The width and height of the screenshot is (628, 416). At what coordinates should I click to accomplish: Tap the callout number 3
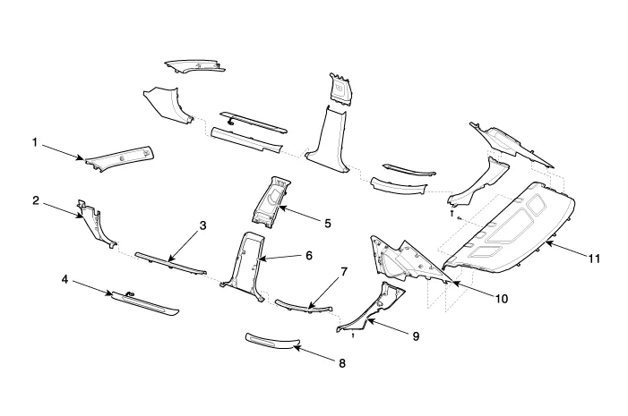click(203, 225)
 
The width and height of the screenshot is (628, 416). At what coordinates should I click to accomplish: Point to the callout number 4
click(65, 279)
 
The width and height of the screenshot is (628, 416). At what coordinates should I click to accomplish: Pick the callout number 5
click(328, 222)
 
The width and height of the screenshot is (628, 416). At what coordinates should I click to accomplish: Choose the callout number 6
click(308, 255)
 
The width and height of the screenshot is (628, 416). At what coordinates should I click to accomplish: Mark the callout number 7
click(343, 271)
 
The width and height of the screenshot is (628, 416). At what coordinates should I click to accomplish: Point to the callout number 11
click(594, 257)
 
